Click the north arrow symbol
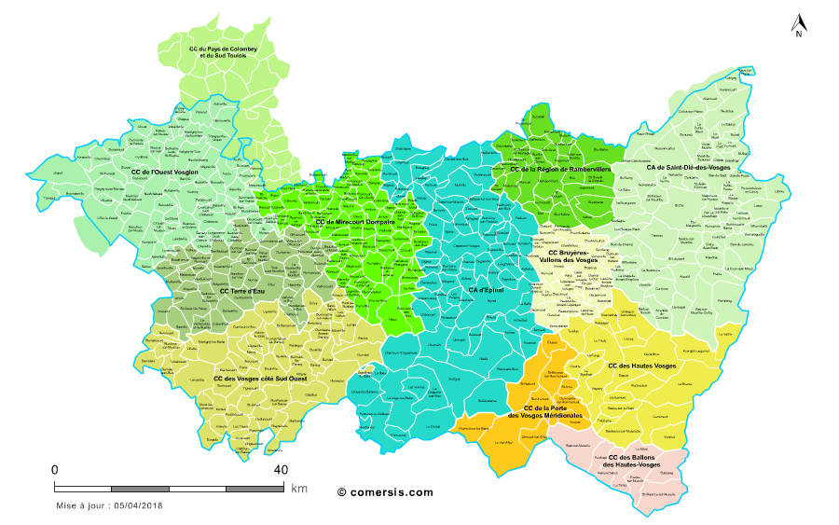(x=798, y=25)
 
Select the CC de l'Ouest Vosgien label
(x=165, y=172)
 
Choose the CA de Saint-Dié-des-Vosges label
(x=689, y=168)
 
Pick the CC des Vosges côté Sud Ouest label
(x=260, y=379)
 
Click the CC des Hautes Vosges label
(x=642, y=366)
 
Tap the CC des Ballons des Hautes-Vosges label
(x=634, y=461)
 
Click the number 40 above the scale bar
(x=280, y=469)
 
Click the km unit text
(x=298, y=488)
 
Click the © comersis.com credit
(x=385, y=491)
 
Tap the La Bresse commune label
(x=685, y=383)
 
